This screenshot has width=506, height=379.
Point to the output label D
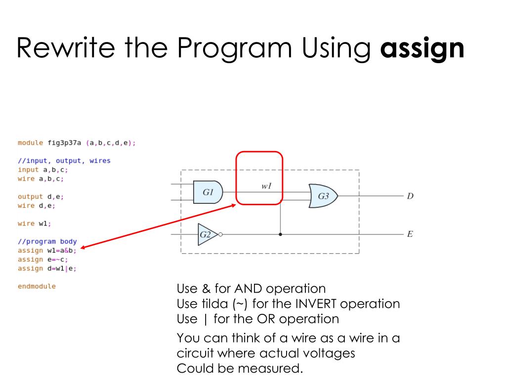(x=410, y=196)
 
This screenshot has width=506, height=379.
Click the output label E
(x=410, y=234)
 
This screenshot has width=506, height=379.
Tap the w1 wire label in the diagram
(x=267, y=187)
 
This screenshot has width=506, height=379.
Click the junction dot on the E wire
(x=281, y=234)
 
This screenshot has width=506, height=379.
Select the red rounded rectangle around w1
(x=259, y=152)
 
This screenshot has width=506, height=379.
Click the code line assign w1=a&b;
(x=47, y=251)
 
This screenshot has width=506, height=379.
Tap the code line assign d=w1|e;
(x=47, y=268)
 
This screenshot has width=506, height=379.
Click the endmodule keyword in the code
(x=37, y=286)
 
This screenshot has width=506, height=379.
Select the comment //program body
(x=47, y=242)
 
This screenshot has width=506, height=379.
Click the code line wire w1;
(x=35, y=224)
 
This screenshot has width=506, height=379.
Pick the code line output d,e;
(x=41, y=196)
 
